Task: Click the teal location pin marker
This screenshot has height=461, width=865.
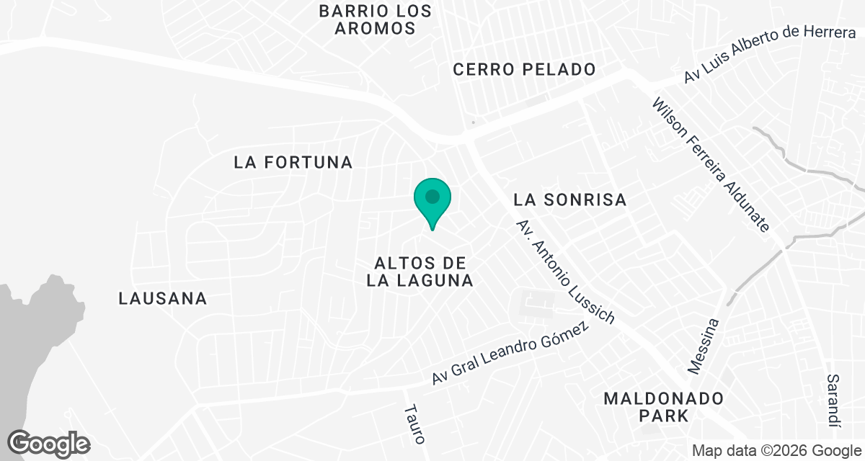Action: point(432,202)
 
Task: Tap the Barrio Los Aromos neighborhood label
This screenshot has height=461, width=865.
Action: point(376,20)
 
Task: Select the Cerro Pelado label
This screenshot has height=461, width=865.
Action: point(524,70)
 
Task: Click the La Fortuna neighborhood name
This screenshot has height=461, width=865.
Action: point(293,163)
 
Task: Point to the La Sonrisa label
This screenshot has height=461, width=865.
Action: point(569,200)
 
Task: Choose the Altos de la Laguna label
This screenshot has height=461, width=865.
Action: point(420,272)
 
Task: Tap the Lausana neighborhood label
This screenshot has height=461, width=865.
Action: point(163,298)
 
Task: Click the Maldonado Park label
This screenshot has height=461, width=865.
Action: point(663,406)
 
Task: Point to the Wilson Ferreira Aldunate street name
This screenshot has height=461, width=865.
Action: point(710,165)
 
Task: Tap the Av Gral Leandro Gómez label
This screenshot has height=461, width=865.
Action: point(510,353)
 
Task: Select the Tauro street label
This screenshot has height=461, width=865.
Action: point(414,423)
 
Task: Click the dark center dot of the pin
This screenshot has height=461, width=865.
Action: point(432,196)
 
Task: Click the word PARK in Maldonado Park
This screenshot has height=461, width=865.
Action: point(663,416)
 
